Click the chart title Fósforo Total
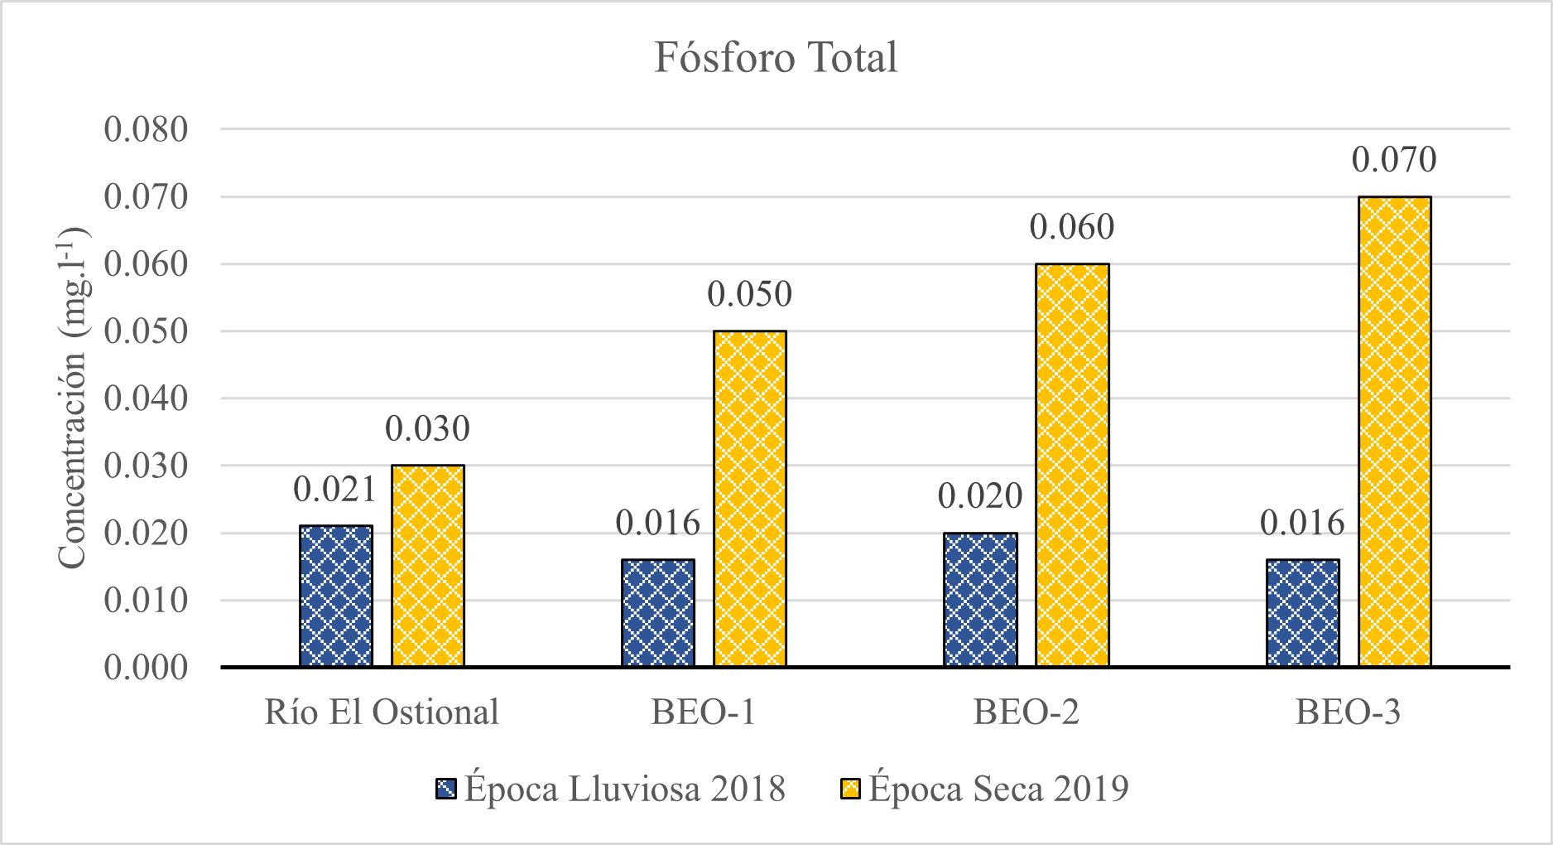click(776, 58)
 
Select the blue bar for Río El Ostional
click(336, 596)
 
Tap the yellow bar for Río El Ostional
click(427, 566)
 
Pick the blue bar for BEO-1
click(658, 613)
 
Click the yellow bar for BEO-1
click(750, 499)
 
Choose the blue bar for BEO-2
click(980, 600)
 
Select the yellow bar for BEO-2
click(1072, 465)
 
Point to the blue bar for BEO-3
click(1302, 613)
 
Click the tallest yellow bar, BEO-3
click(1395, 432)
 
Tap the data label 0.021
click(335, 490)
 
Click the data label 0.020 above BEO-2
click(980, 496)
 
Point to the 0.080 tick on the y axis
click(147, 130)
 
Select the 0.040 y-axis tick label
click(147, 398)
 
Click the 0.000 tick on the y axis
click(147, 668)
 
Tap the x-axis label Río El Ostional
click(382, 712)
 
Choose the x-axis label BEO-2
click(1027, 712)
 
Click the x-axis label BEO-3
click(1348, 712)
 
